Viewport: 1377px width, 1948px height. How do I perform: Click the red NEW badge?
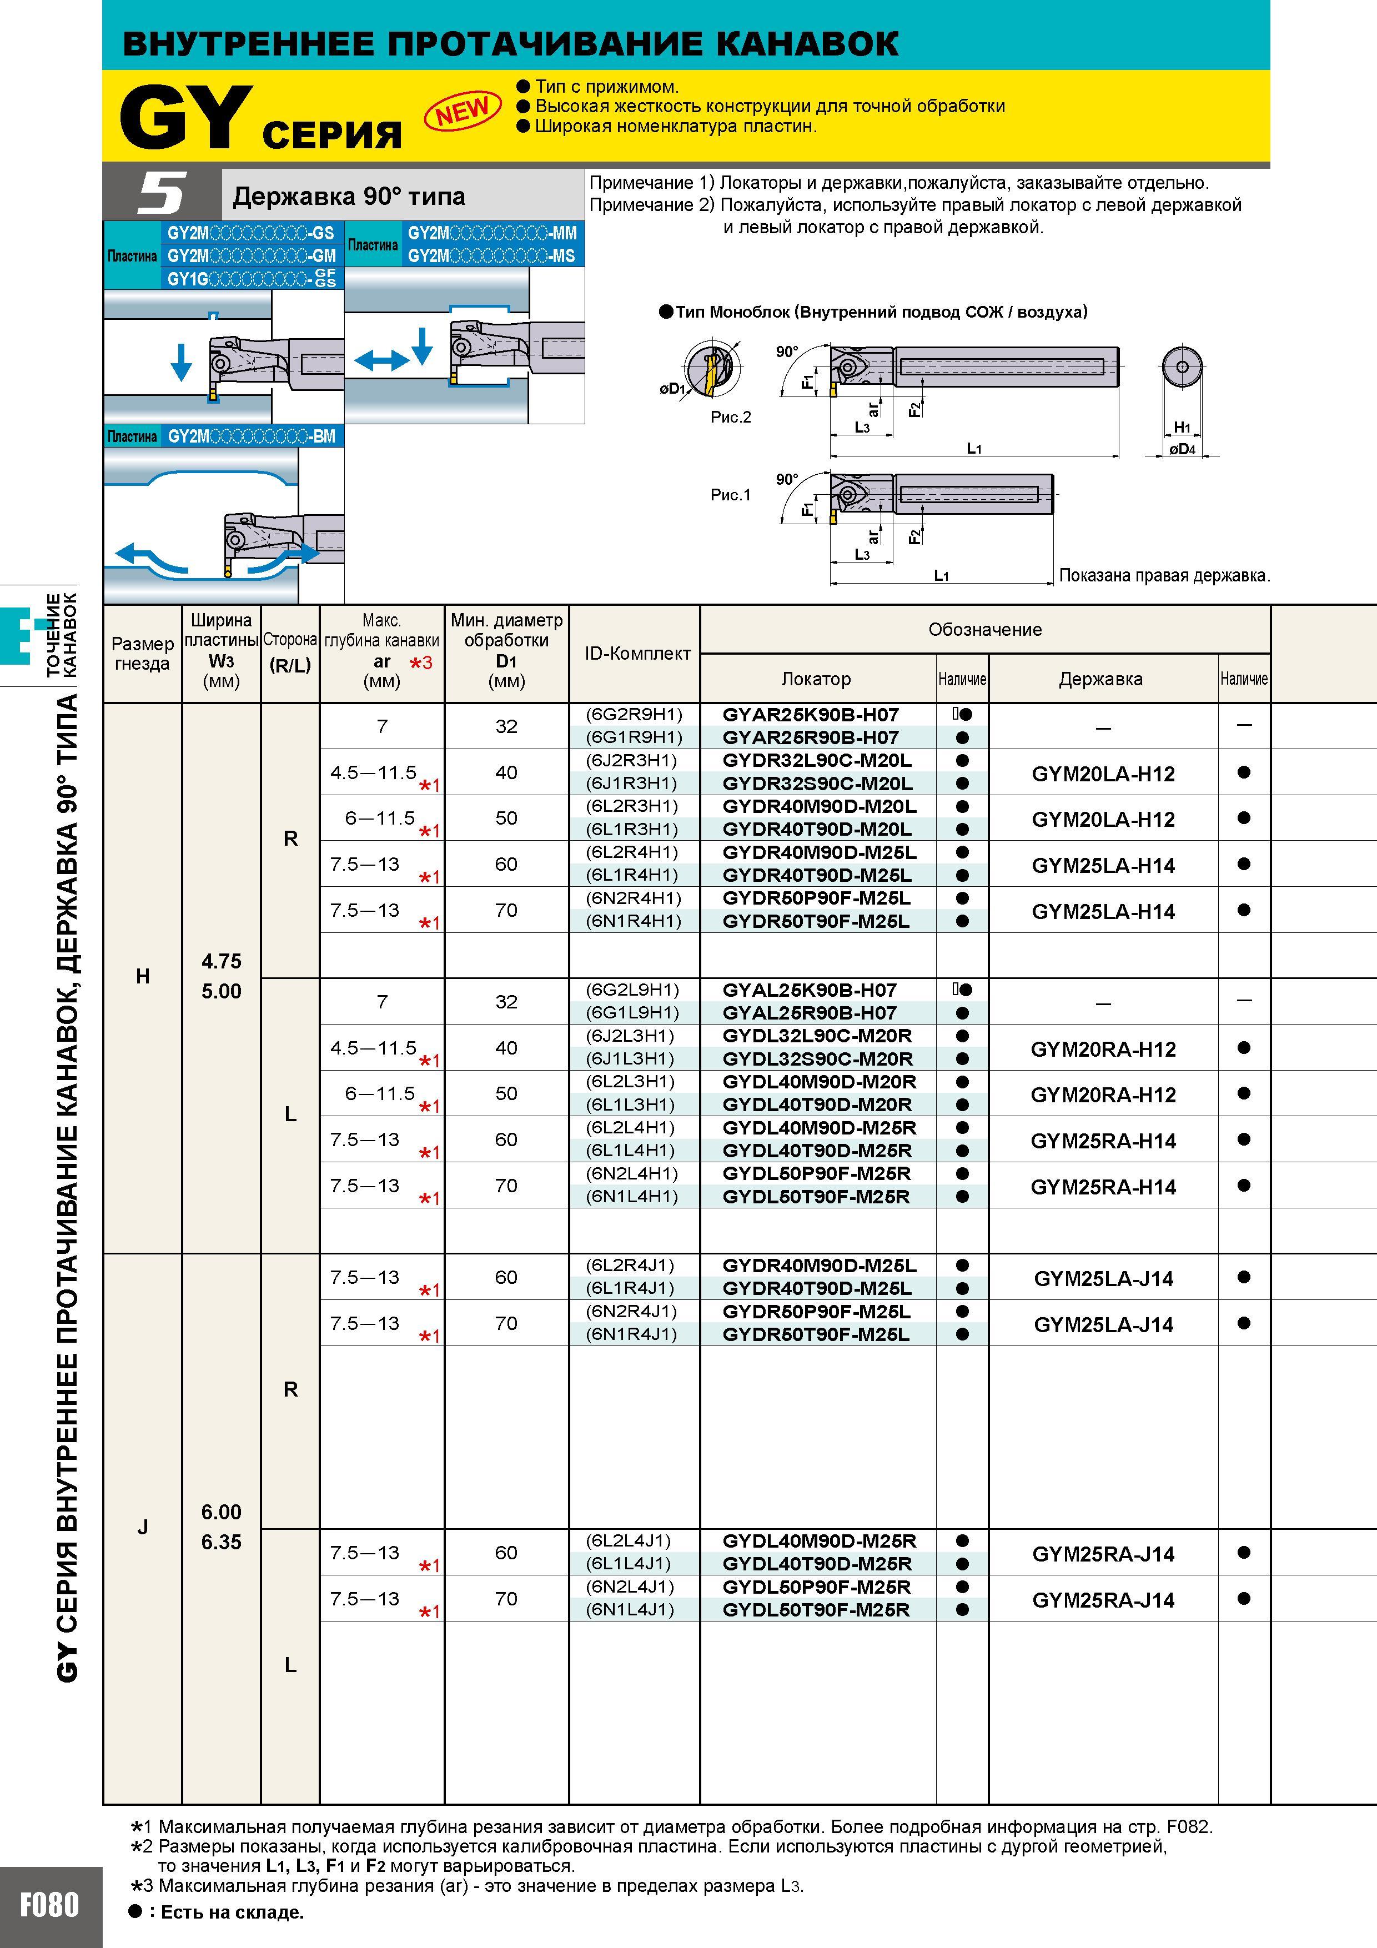pos(463,111)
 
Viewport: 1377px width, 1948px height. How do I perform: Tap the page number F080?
pos(50,1905)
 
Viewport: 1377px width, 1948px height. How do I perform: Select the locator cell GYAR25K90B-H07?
pos(810,714)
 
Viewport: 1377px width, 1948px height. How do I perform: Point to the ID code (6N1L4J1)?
pos(630,1609)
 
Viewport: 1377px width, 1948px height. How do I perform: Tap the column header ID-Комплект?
pos(638,653)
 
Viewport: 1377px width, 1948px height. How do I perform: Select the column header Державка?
pos(1100,679)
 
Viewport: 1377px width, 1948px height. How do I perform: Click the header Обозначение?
pos(985,630)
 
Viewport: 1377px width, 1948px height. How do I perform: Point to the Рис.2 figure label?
pos(731,416)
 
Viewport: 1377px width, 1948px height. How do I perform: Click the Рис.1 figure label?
pos(731,495)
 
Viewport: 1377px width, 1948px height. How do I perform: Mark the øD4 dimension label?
pos(1182,449)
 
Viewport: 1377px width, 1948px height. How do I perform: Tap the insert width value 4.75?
pos(222,961)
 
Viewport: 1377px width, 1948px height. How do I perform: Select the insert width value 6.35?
pos(222,1542)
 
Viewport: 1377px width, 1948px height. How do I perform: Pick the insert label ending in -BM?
pos(251,436)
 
